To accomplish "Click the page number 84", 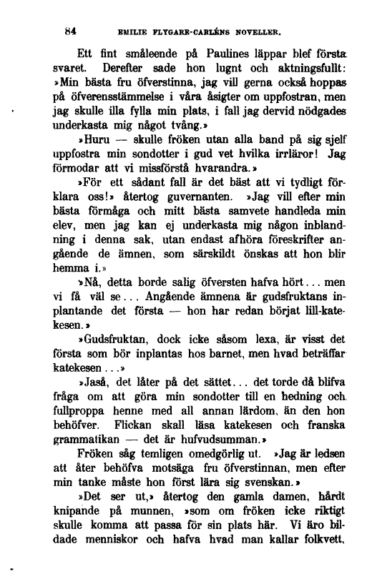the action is pos(69,31).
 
